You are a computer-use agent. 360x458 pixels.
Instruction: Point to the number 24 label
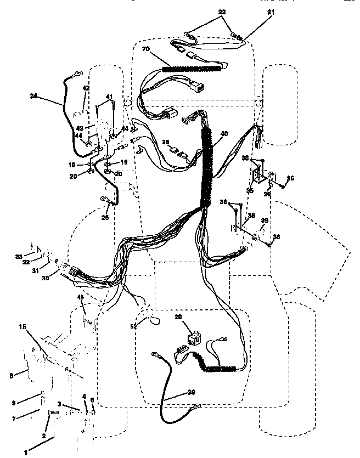(35, 96)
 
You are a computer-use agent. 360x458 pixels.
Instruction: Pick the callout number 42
(86, 88)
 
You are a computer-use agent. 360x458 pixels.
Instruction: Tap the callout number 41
(109, 97)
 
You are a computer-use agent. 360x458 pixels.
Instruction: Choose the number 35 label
(250, 191)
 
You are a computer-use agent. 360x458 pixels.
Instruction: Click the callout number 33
(18, 256)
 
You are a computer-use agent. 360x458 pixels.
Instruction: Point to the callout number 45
(80, 298)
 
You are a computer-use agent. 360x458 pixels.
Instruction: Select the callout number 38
(252, 215)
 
